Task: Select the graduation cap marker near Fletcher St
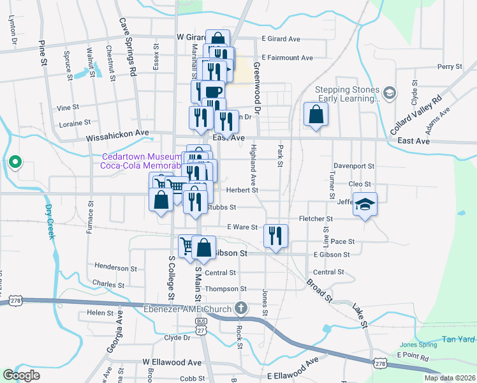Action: click(365, 204)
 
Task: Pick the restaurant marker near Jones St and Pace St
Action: click(275, 236)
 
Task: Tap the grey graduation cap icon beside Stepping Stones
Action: click(388, 94)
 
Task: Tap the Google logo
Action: click(21, 375)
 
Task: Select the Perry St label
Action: click(450, 66)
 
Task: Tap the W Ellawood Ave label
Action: click(168, 361)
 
